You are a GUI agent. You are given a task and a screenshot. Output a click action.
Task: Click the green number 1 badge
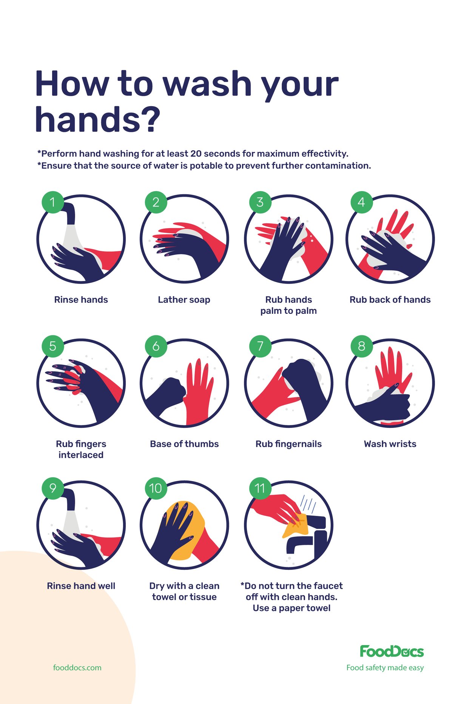52,202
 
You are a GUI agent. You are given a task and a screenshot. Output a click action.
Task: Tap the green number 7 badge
260,346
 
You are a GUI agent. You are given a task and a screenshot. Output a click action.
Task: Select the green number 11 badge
260,488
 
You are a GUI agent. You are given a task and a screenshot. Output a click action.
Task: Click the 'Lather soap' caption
184,300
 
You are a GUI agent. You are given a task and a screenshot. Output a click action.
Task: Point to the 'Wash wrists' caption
390,444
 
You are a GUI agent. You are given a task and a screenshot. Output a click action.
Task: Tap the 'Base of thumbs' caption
184,444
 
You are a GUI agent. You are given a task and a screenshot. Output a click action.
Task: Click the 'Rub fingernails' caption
288,444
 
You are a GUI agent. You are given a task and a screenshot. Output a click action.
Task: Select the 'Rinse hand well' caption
81,586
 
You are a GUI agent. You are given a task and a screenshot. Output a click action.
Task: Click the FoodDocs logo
392,652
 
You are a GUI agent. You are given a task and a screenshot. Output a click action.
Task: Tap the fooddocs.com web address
77,668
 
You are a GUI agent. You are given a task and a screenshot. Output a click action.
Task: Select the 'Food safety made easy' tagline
385,668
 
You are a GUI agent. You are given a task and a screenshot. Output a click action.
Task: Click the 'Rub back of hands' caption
390,300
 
